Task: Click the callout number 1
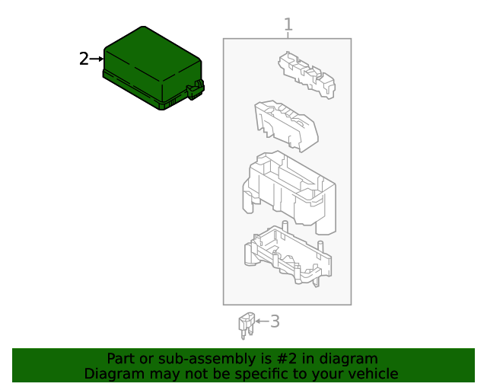pos(288,25)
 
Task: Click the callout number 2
pos(84,59)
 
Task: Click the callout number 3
pos(275,321)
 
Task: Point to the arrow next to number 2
pos(97,59)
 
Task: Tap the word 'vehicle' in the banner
pos(372,374)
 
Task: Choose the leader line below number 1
pos(288,36)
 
